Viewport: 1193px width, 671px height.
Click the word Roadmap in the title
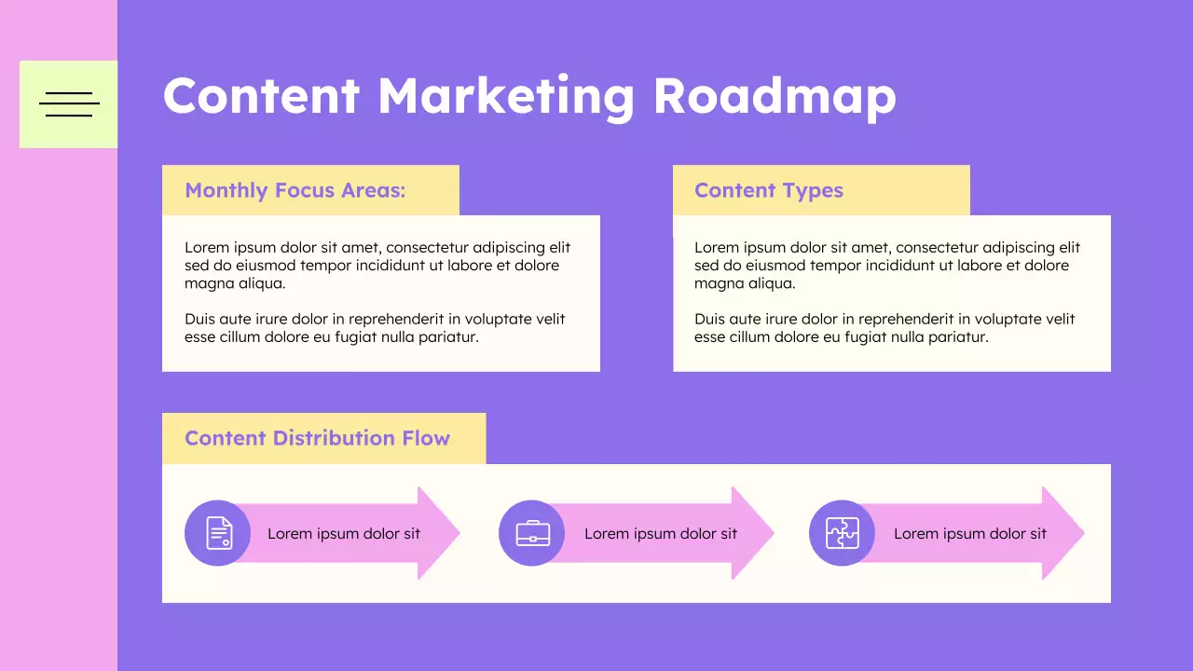tap(774, 96)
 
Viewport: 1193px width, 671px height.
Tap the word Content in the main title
tap(261, 96)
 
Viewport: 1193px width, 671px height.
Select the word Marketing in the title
tap(506, 96)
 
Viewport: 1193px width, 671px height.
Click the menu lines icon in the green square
tap(69, 104)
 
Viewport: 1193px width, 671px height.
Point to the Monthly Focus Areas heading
tap(295, 191)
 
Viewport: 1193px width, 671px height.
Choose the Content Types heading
tap(768, 191)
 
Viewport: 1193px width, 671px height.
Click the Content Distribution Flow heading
tap(317, 438)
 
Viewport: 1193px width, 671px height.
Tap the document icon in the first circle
tap(218, 533)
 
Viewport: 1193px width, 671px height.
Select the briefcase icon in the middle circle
tap(532, 533)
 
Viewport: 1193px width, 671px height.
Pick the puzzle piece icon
tap(843, 533)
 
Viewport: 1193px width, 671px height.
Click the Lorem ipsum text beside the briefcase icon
tap(660, 534)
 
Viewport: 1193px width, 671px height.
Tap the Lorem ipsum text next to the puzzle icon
tap(969, 534)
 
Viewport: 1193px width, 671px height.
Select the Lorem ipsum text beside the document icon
tap(343, 534)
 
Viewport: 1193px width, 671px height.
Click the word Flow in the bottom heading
tap(426, 438)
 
